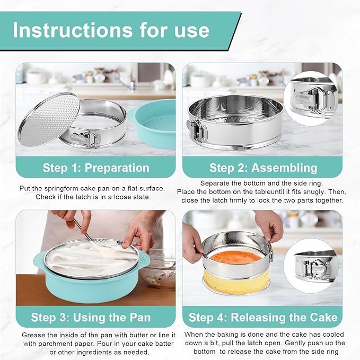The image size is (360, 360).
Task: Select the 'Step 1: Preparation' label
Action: click(x=96, y=168)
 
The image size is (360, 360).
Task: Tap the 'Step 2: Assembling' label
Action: click(x=263, y=168)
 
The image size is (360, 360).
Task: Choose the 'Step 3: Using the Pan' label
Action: click(x=91, y=318)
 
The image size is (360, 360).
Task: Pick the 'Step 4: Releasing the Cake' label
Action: click(x=263, y=318)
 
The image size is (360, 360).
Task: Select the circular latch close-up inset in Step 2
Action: click(x=311, y=99)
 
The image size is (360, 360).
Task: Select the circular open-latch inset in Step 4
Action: click(x=311, y=266)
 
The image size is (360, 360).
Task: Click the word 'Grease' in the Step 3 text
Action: click(x=33, y=335)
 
